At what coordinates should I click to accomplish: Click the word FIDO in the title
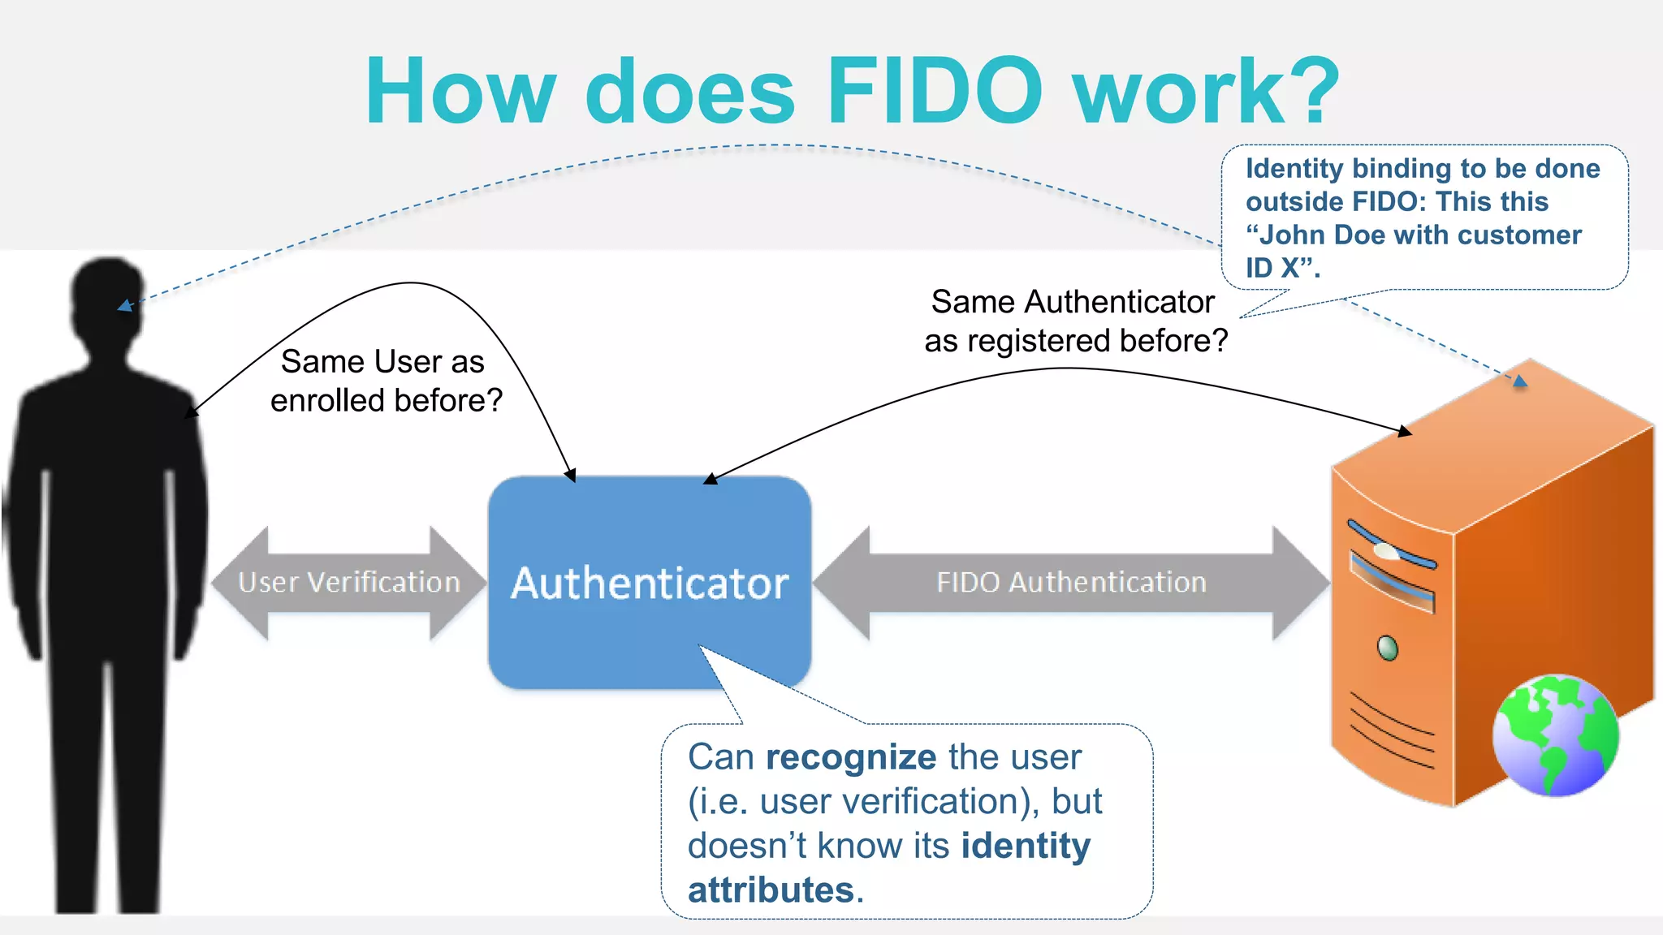[934, 91]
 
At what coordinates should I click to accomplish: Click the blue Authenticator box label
[650, 583]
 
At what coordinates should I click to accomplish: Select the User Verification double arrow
[349, 583]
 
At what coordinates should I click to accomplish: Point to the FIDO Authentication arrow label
[1071, 583]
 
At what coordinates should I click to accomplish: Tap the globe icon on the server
[1555, 735]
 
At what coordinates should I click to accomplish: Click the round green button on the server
[1388, 648]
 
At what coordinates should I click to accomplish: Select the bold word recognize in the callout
[851, 757]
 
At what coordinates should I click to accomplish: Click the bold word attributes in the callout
[771, 890]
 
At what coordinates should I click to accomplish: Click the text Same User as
[382, 362]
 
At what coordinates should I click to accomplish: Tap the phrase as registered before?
[1076, 341]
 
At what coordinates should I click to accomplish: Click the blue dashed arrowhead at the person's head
[124, 306]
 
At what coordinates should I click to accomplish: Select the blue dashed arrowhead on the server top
[1520, 381]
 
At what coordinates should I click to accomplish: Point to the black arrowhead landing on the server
[1404, 431]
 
